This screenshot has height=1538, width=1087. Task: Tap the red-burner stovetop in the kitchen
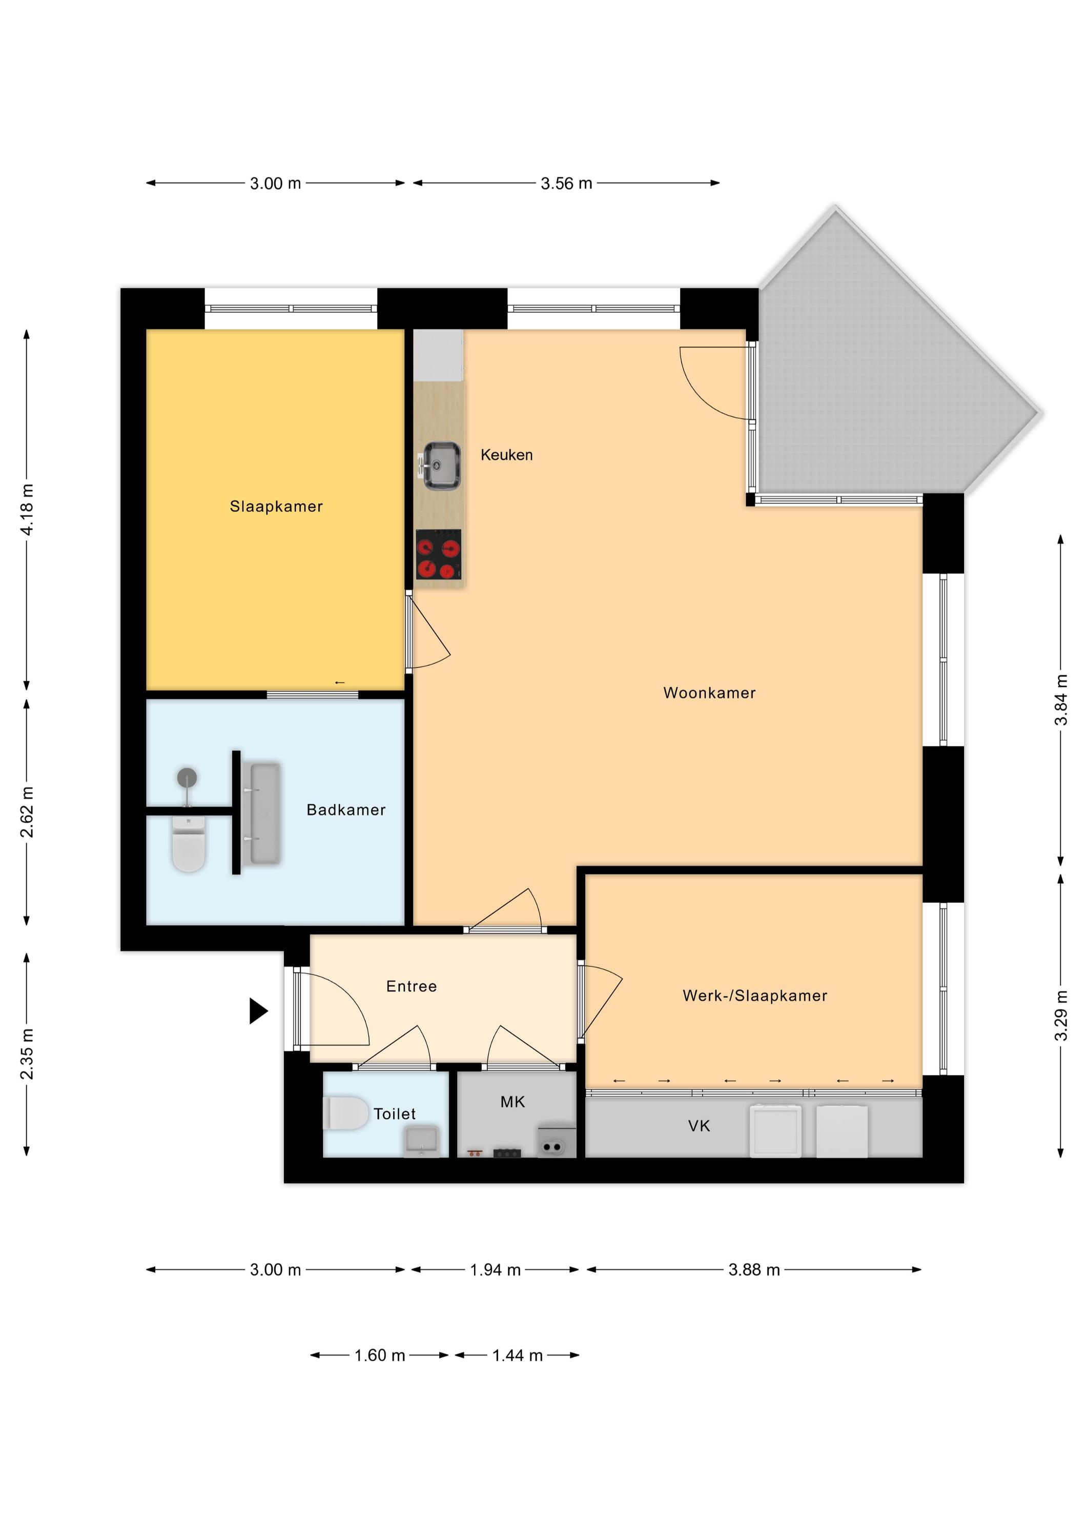(x=439, y=554)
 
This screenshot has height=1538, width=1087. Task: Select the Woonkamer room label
(x=709, y=693)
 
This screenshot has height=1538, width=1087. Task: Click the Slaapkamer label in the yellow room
(x=276, y=507)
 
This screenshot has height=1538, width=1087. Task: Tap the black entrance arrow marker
(x=258, y=1010)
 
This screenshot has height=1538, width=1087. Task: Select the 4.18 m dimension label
(x=27, y=509)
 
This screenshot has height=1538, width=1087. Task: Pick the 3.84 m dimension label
(x=1061, y=700)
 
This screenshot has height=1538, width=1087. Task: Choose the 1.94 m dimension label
(x=495, y=1270)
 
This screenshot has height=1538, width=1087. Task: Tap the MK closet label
(x=512, y=1102)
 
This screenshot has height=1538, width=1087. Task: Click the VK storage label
(x=699, y=1126)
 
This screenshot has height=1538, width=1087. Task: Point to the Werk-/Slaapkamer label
(x=755, y=996)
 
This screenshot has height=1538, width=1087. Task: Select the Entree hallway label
(x=411, y=986)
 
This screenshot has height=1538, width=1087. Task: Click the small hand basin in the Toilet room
(x=421, y=1140)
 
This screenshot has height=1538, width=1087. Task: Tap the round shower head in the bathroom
(x=188, y=778)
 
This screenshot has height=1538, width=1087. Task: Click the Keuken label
(x=506, y=455)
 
